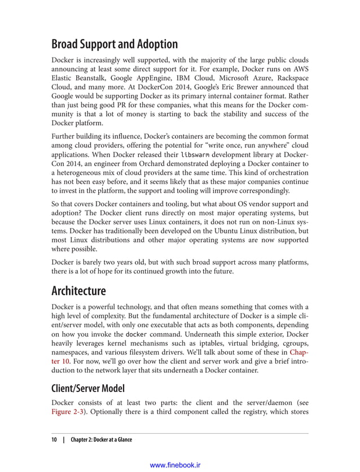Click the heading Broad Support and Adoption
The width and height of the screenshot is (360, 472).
click(114, 44)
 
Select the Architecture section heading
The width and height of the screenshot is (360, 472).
click(78, 291)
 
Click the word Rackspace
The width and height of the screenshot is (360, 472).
click(288, 78)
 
